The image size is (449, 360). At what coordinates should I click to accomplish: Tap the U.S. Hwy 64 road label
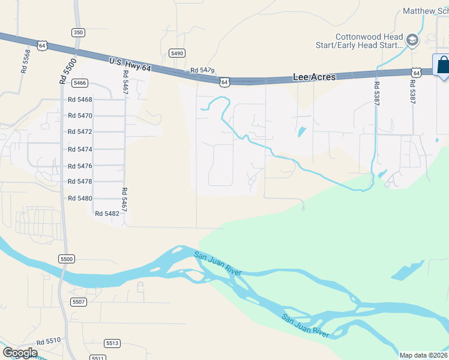click(x=130, y=64)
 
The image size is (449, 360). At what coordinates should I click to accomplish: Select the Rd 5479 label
click(x=202, y=71)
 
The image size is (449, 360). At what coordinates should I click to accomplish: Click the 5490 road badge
click(x=177, y=53)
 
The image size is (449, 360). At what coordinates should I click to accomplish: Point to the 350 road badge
click(x=77, y=32)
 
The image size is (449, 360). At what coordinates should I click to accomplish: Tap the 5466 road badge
click(x=80, y=83)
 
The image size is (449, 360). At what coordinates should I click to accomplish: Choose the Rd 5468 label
click(x=80, y=100)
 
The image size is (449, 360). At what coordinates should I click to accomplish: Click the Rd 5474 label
click(x=80, y=149)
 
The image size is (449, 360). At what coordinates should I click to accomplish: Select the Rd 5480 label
click(x=80, y=198)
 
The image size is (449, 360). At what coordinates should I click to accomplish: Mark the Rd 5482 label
click(x=107, y=213)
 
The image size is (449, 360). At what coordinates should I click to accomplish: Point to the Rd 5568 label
click(x=25, y=61)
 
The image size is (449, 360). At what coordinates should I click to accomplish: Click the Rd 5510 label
click(x=48, y=341)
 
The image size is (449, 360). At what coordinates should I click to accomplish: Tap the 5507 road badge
click(x=79, y=301)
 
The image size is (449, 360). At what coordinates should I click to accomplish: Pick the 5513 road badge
click(x=112, y=343)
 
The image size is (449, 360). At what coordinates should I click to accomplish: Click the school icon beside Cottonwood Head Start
click(x=412, y=40)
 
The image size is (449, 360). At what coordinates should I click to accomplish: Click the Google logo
click(x=20, y=353)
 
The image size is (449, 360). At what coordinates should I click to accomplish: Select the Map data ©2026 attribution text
click(x=424, y=355)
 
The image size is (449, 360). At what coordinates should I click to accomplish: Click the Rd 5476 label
click(x=80, y=166)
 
